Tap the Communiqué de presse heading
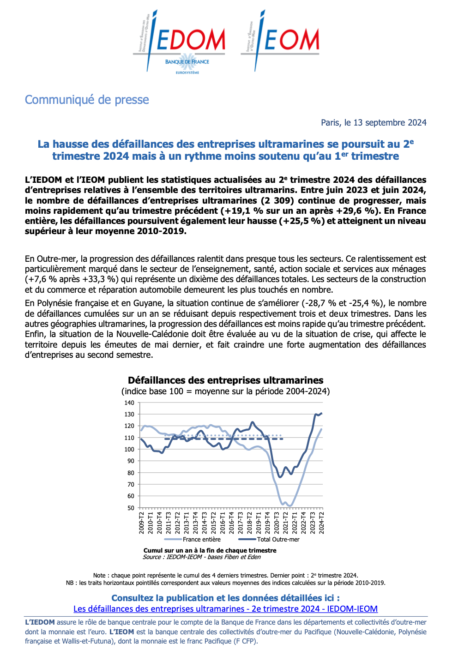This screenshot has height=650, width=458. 87,100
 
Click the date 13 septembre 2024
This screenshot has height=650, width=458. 390,122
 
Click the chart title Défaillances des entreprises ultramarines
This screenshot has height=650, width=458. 225,380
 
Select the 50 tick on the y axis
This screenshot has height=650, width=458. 131,508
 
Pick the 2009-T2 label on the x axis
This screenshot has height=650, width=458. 142,523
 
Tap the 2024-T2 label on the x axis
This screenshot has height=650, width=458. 321,523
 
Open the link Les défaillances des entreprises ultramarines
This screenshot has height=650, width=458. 225,609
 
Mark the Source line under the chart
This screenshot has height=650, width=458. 202,557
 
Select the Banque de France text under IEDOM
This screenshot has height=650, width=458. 187,61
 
